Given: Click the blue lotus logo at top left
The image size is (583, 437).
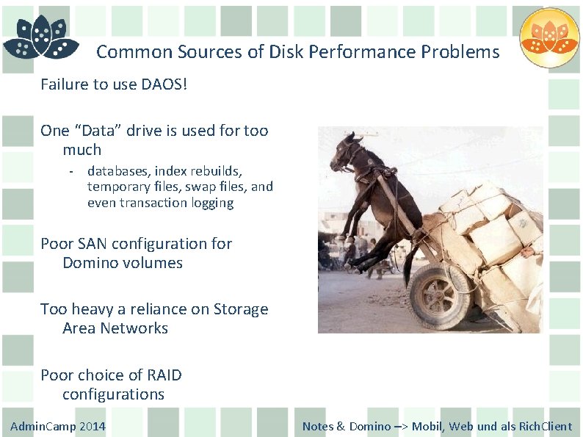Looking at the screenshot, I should (x=40, y=38).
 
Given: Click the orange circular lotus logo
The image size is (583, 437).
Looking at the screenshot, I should (x=549, y=37).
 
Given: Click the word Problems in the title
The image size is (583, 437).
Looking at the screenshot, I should (x=462, y=52).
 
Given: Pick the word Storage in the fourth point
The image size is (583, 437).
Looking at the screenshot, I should (x=241, y=309).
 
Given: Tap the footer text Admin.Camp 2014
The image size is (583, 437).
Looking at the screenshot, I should (x=58, y=426).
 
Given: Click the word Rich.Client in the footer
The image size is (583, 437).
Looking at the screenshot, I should (x=545, y=426).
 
